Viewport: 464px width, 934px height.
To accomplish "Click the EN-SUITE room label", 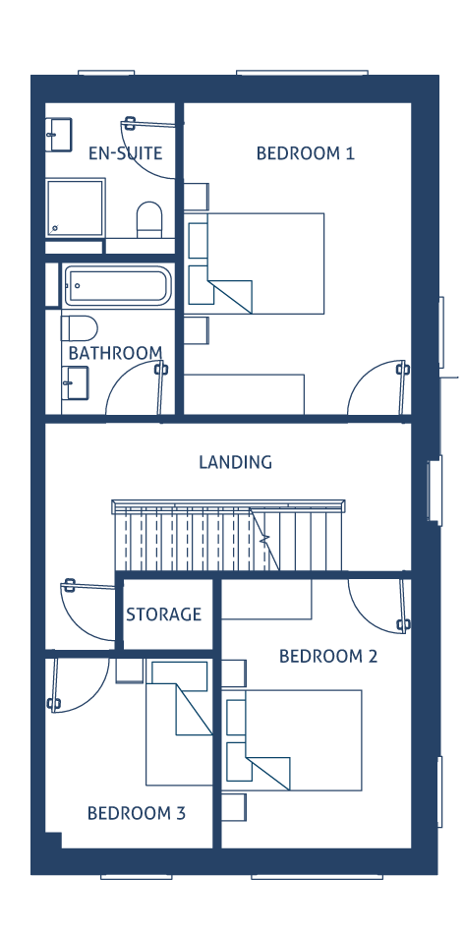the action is (x=125, y=153).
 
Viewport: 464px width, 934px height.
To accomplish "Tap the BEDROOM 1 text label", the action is (x=306, y=153).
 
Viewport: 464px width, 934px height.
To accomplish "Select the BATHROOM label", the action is (x=116, y=353).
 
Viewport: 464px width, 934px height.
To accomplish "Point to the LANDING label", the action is (x=235, y=462).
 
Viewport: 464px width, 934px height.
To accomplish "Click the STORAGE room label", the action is (x=164, y=614).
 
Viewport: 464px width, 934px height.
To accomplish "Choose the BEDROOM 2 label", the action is (x=328, y=657).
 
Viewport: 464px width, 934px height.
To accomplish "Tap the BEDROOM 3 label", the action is (x=137, y=813).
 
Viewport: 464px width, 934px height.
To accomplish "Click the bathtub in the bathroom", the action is (x=118, y=286).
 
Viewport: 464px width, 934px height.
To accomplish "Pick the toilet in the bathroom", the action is (x=80, y=328).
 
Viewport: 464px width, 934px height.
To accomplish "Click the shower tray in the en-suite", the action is (x=76, y=208).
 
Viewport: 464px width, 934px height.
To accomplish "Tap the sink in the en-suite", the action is (x=58, y=134).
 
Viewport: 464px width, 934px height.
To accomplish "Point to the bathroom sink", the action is (x=75, y=382).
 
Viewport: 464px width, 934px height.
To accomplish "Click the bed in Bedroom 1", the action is (x=257, y=263).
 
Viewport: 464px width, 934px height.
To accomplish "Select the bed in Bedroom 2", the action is (x=294, y=740).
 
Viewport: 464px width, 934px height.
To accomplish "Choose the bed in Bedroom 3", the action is (x=179, y=723).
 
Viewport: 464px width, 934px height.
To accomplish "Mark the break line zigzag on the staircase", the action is (x=264, y=540).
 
